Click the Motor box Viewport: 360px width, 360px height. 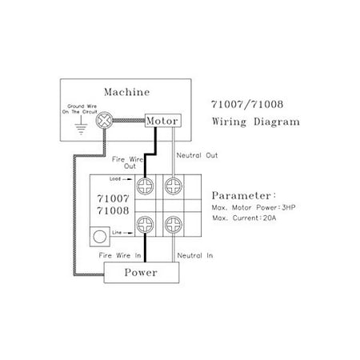[x=163, y=121]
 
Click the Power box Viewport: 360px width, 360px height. [x=142, y=272]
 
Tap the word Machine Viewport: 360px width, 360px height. [x=126, y=92]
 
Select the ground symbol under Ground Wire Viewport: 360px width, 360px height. [x=81, y=125]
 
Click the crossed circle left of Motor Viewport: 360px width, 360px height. [x=104, y=120]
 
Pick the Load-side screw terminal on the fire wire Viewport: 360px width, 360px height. [x=145, y=186]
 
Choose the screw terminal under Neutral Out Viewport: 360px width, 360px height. [x=174, y=186]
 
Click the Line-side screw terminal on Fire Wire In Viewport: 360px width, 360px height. [x=145, y=225]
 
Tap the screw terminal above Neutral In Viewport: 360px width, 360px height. [x=174, y=225]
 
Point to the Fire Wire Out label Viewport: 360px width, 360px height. [x=128, y=162]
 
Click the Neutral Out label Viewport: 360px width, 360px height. [x=197, y=155]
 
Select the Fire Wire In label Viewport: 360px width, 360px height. [x=120, y=255]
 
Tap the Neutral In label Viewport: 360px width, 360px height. [x=195, y=255]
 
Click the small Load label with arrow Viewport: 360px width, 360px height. [x=121, y=179]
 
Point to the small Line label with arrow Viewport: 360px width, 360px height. [x=122, y=233]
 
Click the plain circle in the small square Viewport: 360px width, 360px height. [x=100, y=237]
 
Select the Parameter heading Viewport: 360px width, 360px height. [x=244, y=195]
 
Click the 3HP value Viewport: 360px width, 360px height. [x=289, y=207]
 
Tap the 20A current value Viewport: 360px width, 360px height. [x=270, y=218]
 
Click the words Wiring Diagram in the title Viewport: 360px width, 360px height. [x=256, y=122]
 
